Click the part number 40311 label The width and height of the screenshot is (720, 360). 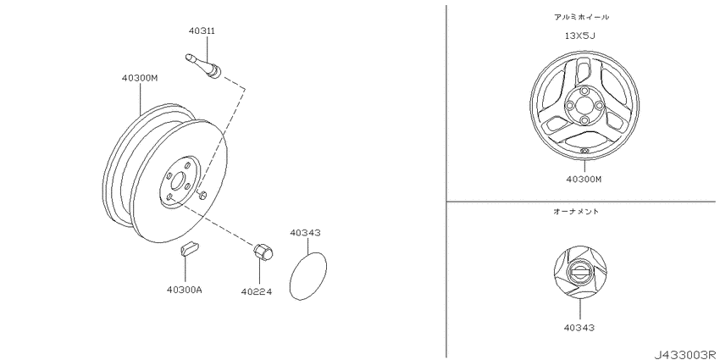202,30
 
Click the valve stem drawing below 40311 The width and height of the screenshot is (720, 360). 203,66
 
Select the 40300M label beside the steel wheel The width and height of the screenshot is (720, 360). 140,78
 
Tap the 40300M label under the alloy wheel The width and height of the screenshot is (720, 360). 584,179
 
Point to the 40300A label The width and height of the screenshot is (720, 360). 185,290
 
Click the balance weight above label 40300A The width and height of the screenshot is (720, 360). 188,247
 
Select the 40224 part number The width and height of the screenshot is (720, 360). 257,291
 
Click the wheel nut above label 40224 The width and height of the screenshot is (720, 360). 263,252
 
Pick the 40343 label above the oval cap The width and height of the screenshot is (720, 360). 305,233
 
